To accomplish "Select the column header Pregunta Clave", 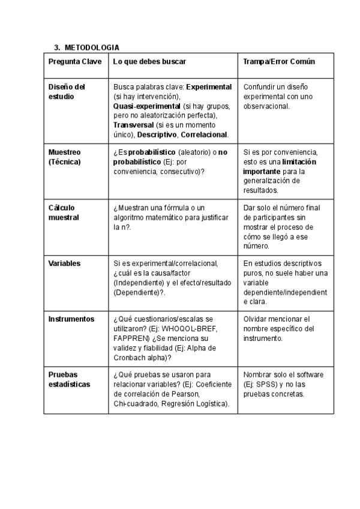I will (75, 62).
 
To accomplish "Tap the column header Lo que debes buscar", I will (149, 62).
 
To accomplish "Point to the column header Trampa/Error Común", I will (279, 62).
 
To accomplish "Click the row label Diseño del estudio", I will (67, 91).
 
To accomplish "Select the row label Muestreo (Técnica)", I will (65, 157).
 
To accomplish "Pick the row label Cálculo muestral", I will (64, 212).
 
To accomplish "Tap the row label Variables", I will (64, 263).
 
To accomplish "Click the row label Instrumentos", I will (71, 319).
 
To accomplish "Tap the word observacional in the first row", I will (266, 106).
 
